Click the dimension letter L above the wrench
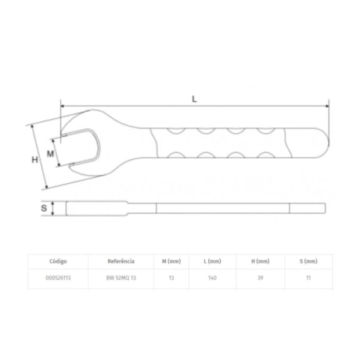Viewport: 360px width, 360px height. pyautogui.click(x=193, y=98)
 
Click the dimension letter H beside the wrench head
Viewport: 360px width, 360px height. pyautogui.click(x=34, y=159)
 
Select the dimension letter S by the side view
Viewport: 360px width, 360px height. pyautogui.click(x=44, y=209)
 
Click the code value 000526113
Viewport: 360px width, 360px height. pyautogui.click(x=60, y=277)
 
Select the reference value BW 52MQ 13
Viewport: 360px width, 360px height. pyautogui.click(x=121, y=277)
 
